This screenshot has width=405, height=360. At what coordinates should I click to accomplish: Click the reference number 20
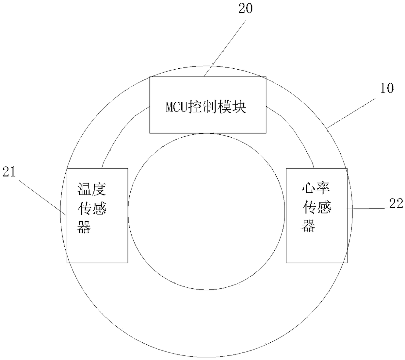coord(245,9)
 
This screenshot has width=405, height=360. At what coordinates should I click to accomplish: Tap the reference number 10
coord(387,88)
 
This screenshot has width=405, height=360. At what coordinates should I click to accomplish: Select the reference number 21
coord(9,172)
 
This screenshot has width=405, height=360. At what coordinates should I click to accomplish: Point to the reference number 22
coord(396,204)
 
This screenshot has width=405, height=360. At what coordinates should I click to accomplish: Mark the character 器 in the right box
coord(308,226)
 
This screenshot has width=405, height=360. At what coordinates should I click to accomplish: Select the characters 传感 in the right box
coord(317,207)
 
